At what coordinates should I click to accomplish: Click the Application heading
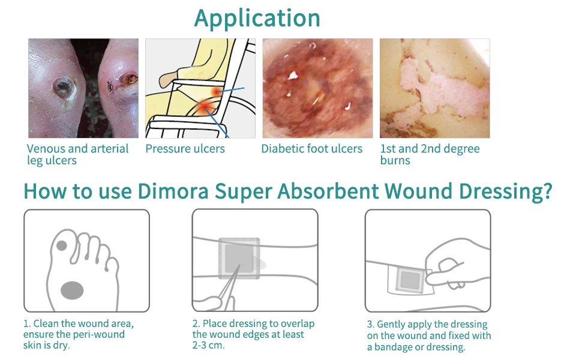257,18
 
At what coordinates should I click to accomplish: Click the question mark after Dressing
546,191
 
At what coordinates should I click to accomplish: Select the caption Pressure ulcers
185,149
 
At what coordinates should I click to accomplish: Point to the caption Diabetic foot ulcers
311,149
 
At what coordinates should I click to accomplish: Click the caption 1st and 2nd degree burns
430,154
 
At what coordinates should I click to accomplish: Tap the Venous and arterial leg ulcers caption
77,154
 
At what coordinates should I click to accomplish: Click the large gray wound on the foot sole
72,290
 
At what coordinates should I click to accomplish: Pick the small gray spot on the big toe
61,245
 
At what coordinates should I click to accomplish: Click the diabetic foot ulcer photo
317,88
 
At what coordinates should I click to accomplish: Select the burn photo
434,88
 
